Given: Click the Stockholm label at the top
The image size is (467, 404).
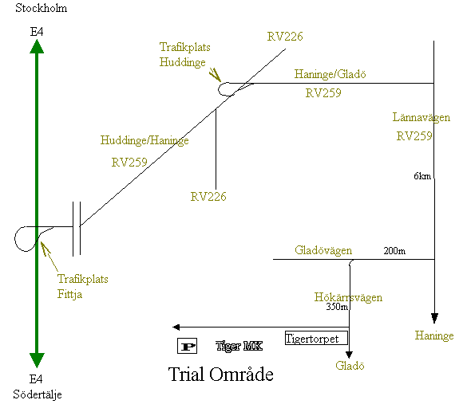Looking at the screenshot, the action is coord(41,8).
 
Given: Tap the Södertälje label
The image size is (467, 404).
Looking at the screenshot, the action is coord(38,394).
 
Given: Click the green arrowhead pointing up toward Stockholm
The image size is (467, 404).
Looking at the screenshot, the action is coord(37,47).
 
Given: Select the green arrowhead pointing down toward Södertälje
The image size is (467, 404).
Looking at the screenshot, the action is coord(37,360).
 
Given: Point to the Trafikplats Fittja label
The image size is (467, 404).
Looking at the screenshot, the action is coord(82,287).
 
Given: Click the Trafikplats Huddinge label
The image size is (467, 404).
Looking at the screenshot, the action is coord(184,55).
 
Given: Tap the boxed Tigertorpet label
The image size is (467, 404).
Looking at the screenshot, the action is coord(316,338).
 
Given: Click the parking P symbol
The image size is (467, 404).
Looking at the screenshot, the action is coord(187,346).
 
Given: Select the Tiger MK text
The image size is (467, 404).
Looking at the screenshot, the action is coord(239,346).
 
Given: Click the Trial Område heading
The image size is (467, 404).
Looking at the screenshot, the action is coord(220,375).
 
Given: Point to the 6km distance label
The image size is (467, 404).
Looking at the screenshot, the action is coord(422,176).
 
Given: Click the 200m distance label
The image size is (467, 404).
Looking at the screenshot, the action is coord(394,251).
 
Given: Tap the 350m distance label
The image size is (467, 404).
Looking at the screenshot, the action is coord(337,307).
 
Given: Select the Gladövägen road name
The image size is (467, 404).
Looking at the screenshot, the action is coord(323,250).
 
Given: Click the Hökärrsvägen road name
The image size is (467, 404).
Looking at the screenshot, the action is coord(348,297).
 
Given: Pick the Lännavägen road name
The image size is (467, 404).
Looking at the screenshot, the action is coord(421,117).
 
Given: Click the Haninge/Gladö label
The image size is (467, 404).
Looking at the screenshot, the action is coord(330,74).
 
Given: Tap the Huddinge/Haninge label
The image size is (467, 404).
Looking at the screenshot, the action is coord(144,140).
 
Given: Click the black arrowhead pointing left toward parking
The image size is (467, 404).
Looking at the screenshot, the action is coord(176,328).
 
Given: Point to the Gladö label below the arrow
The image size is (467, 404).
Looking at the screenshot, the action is coord(350,366).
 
